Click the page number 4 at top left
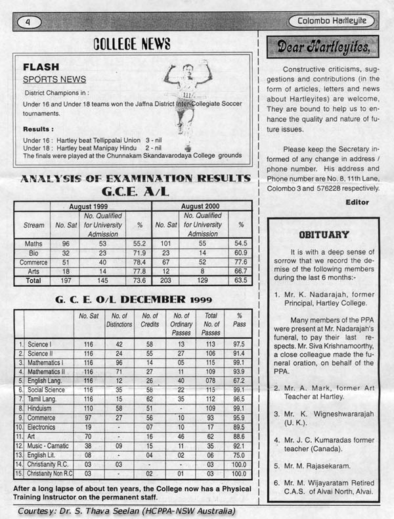click(28, 22)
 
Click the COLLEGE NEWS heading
click(132, 44)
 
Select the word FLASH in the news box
click(41, 67)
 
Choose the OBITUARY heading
click(324, 234)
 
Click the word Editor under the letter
click(357, 203)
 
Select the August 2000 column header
click(202, 206)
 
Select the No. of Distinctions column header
click(118, 320)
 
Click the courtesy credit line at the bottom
click(126, 511)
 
